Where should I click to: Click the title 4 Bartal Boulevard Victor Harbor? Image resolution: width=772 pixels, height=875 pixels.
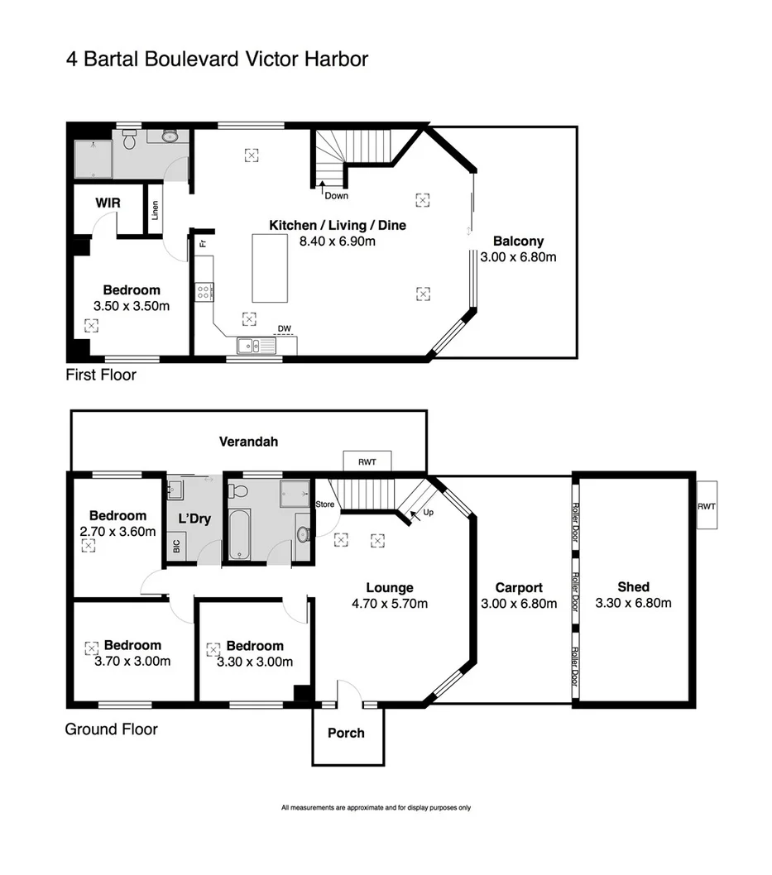(x=217, y=60)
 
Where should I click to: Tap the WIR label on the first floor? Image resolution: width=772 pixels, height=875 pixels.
(x=108, y=203)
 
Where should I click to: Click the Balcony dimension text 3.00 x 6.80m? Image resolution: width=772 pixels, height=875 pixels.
(x=518, y=257)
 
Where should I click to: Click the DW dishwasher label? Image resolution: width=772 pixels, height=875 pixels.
(x=284, y=328)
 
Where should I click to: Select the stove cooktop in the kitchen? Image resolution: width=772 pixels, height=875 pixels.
(x=204, y=291)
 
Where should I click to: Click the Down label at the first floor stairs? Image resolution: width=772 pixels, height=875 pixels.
(x=336, y=196)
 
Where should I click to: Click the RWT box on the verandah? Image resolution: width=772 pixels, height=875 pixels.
(x=367, y=461)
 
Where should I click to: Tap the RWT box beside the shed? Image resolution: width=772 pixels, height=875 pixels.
(x=707, y=505)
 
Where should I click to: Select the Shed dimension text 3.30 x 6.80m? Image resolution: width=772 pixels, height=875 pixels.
(x=633, y=603)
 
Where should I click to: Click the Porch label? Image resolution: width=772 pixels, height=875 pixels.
(x=346, y=733)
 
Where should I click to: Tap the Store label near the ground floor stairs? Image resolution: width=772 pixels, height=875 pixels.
(x=325, y=504)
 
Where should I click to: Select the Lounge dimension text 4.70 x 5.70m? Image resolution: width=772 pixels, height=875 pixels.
(x=389, y=604)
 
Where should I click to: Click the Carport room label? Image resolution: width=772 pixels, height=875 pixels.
(x=518, y=588)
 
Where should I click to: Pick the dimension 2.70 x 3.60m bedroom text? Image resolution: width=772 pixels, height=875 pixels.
(x=118, y=532)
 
